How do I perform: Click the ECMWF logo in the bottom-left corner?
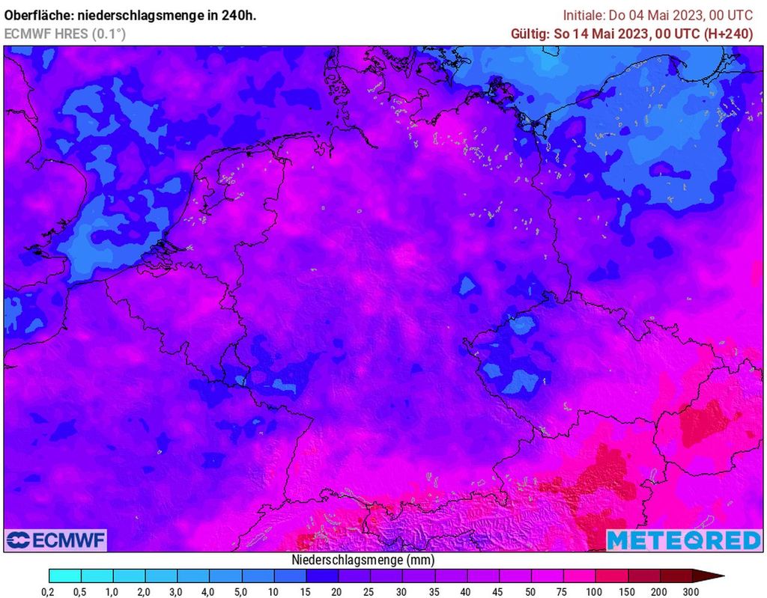56,540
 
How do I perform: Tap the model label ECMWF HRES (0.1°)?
65,34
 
